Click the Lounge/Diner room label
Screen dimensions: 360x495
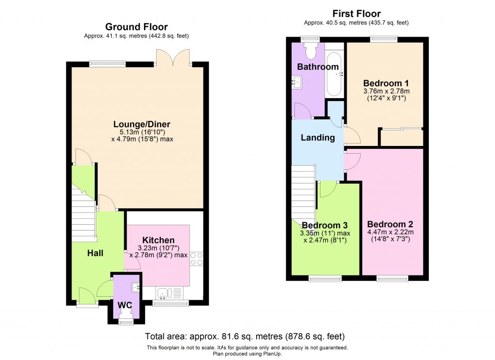point(142,124)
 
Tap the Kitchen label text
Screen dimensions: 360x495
point(158,240)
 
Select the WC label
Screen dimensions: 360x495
point(125,305)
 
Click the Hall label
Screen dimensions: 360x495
point(95,253)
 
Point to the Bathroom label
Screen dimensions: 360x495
point(318,67)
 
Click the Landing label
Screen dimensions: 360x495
point(318,138)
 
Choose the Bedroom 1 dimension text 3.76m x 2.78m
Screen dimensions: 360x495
point(386,91)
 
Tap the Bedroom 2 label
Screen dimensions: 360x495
point(390,224)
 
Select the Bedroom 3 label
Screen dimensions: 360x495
point(324,225)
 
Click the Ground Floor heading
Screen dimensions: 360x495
point(137,27)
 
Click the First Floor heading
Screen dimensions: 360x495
point(357,14)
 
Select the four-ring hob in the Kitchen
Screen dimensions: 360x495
point(196,259)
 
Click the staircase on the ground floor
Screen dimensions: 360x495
point(83,213)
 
